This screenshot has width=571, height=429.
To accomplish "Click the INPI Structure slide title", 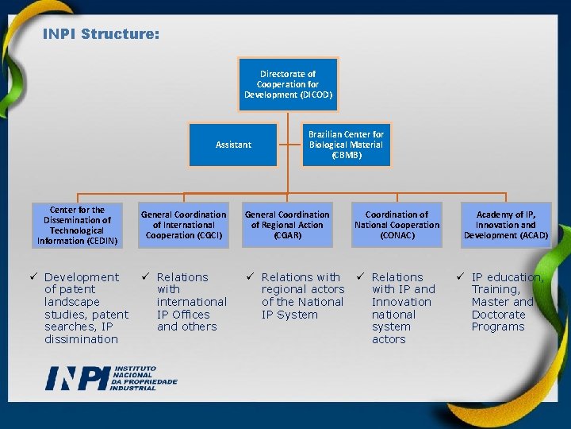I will [x=101, y=35].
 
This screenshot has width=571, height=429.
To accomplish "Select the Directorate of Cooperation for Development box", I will [x=288, y=83].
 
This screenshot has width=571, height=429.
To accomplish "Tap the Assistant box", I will [x=233, y=145].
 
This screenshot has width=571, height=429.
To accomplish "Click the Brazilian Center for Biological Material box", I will [x=346, y=145].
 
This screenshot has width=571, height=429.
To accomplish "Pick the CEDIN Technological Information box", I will [x=78, y=226].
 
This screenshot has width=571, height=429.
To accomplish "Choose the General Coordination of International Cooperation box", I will [x=183, y=225].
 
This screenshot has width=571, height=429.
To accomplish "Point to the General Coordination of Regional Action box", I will [x=287, y=225].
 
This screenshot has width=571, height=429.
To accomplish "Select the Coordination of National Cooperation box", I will [x=397, y=225].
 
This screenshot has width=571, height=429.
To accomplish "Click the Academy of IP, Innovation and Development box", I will [x=506, y=225].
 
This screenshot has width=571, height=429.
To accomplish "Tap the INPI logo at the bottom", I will [x=111, y=378].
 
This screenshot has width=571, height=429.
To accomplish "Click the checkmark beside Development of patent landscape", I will [x=34, y=276].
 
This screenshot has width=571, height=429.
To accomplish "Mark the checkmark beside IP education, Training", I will [x=461, y=276].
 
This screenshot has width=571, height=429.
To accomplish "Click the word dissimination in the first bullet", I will [x=81, y=339].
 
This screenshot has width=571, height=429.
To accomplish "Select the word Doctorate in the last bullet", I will [x=499, y=315].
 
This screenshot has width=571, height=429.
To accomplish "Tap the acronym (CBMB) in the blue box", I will [x=346, y=155].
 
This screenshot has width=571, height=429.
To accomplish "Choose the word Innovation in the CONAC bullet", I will [x=401, y=302].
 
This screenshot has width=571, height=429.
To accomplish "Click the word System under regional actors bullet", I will [x=297, y=315].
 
